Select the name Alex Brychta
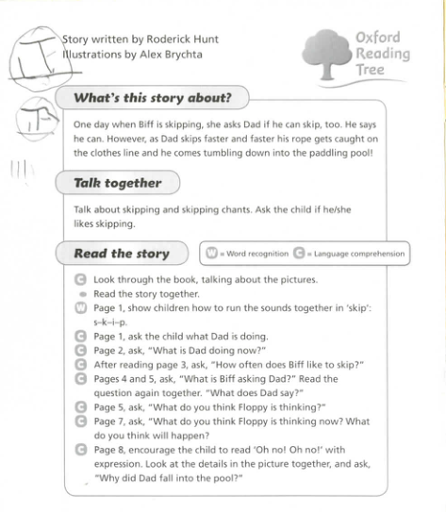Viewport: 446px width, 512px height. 168,54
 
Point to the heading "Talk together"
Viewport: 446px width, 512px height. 119,182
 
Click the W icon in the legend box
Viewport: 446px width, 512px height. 212,253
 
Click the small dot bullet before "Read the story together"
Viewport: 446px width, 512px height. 82,294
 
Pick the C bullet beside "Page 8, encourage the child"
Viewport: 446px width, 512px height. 81,451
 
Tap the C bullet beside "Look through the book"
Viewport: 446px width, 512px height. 81,280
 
